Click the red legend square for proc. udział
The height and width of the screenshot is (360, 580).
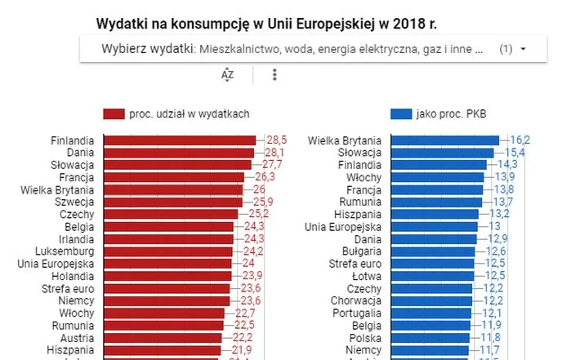click(x=113, y=114)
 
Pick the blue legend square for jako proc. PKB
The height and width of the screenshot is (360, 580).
click(x=401, y=114)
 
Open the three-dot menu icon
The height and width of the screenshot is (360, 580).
click(x=274, y=74)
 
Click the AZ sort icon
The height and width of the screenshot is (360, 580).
click(x=228, y=74)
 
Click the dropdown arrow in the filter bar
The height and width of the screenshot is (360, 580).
click(x=523, y=49)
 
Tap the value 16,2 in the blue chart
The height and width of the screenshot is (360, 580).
click(x=520, y=140)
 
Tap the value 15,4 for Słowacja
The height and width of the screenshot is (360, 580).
click(x=514, y=153)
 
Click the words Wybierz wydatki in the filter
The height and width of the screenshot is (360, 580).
click(x=146, y=49)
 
